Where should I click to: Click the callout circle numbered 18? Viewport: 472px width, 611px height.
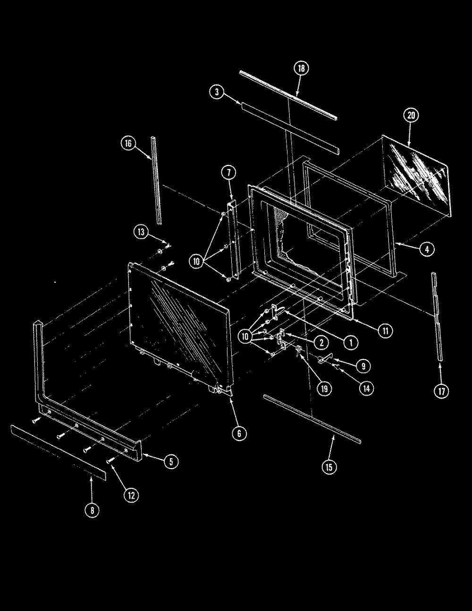pyautogui.click(x=301, y=68)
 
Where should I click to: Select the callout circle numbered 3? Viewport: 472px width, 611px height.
pyautogui.click(x=217, y=92)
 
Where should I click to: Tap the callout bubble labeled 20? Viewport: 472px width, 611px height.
pyautogui.click(x=411, y=115)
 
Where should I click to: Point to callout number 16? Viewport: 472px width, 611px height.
pyautogui.click(x=128, y=143)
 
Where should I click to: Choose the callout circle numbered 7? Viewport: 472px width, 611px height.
pyautogui.click(x=229, y=173)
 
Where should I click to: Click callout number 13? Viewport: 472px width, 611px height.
pyautogui.click(x=141, y=232)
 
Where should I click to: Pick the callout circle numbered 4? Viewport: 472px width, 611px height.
pyautogui.click(x=427, y=249)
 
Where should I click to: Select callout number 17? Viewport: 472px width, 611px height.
pyautogui.click(x=442, y=391)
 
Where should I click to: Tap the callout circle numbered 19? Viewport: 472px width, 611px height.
pyautogui.click(x=324, y=389)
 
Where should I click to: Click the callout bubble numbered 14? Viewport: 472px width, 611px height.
pyautogui.click(x=367, y=388)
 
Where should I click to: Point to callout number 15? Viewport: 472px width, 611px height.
pyautogui.click(x=329, y=467)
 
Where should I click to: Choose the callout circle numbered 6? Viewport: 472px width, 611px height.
pyautogui.click(x=239, y=433)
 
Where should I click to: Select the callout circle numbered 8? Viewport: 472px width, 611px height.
pyautogui.click(x=92, y=510)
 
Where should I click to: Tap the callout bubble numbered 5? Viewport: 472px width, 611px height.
pyautogui.click(x=171, y=461)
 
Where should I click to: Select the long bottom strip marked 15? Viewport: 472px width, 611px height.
pyautogui.click(x=312, y=418)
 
